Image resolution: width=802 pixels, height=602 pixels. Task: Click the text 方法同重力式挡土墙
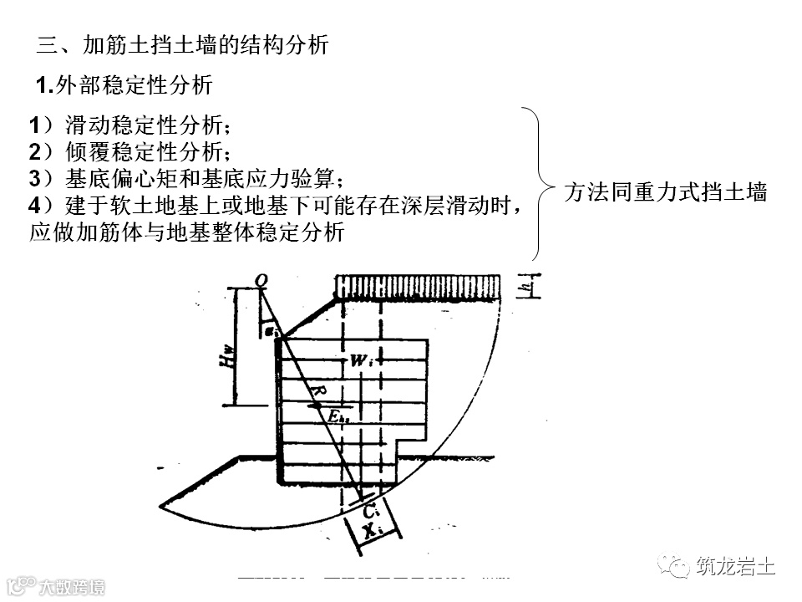tap(665, 191)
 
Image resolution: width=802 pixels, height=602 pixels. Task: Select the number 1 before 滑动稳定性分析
tap(34, 126)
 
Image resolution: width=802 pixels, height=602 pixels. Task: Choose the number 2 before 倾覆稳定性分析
tap(34, 152)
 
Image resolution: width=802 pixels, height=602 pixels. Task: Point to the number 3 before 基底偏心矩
tap(34, 178)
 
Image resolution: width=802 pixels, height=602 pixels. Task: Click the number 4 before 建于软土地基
tap(34, 205)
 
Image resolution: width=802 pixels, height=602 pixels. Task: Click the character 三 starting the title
tap(48, 45)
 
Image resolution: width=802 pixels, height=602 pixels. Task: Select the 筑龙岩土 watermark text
tap(735, 567)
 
